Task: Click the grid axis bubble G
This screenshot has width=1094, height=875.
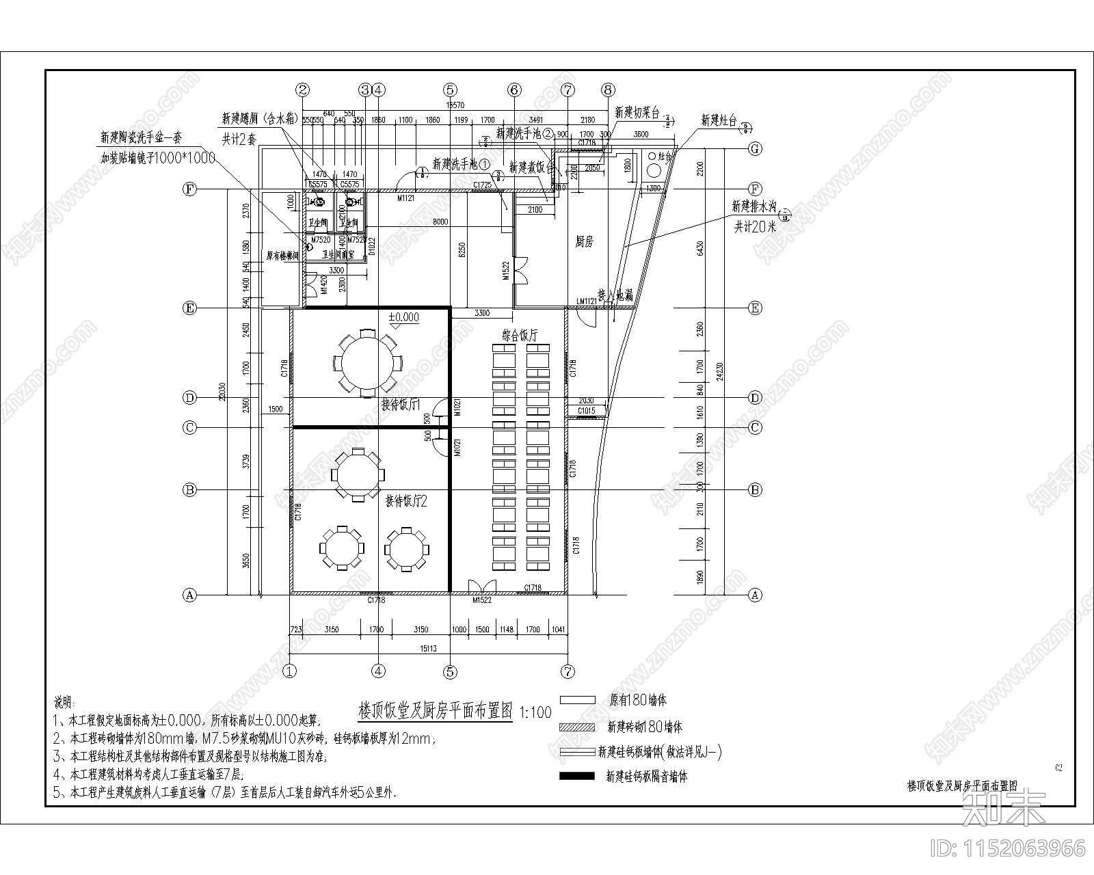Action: pyautogui.click(x=755, y=148)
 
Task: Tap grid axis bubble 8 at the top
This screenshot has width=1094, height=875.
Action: pyautogui.click(x=609, y=90)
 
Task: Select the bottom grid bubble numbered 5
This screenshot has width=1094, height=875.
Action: pyautogui.click(x=449, y=671)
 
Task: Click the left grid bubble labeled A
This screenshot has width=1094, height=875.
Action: pyautogui.click(x=190, y=595)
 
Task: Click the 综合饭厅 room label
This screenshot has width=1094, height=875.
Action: pyautogui.click(x=520, y=336)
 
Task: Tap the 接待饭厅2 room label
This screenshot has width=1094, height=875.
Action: pyautogui.click(x=406, y=501)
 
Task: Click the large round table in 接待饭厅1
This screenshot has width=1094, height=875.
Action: pyautogui.click(x=366, y=363)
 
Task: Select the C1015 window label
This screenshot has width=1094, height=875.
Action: pyautogui.click(x=586, y=411)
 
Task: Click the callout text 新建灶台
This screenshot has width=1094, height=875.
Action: pyautogui.click(x=719, y=121)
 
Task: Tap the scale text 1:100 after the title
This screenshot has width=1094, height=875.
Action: pyautogui.click(x=535, y=712)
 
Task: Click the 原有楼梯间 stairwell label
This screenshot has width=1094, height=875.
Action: pyautogui.click(x=283, y=255)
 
